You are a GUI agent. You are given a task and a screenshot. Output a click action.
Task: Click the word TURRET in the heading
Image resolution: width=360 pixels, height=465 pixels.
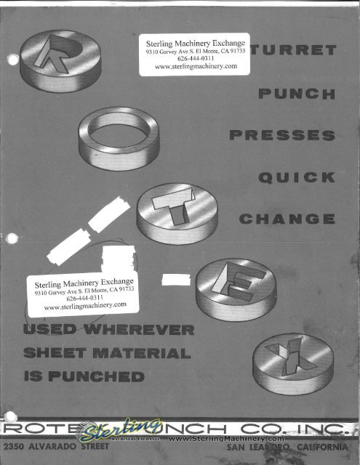point(298,52)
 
